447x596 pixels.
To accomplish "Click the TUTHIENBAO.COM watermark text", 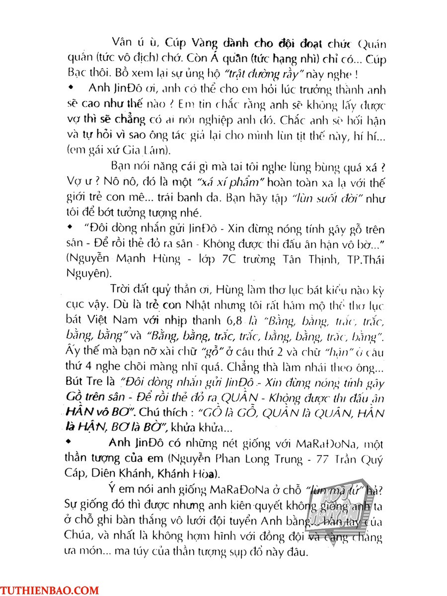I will [x=50, y=591].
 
